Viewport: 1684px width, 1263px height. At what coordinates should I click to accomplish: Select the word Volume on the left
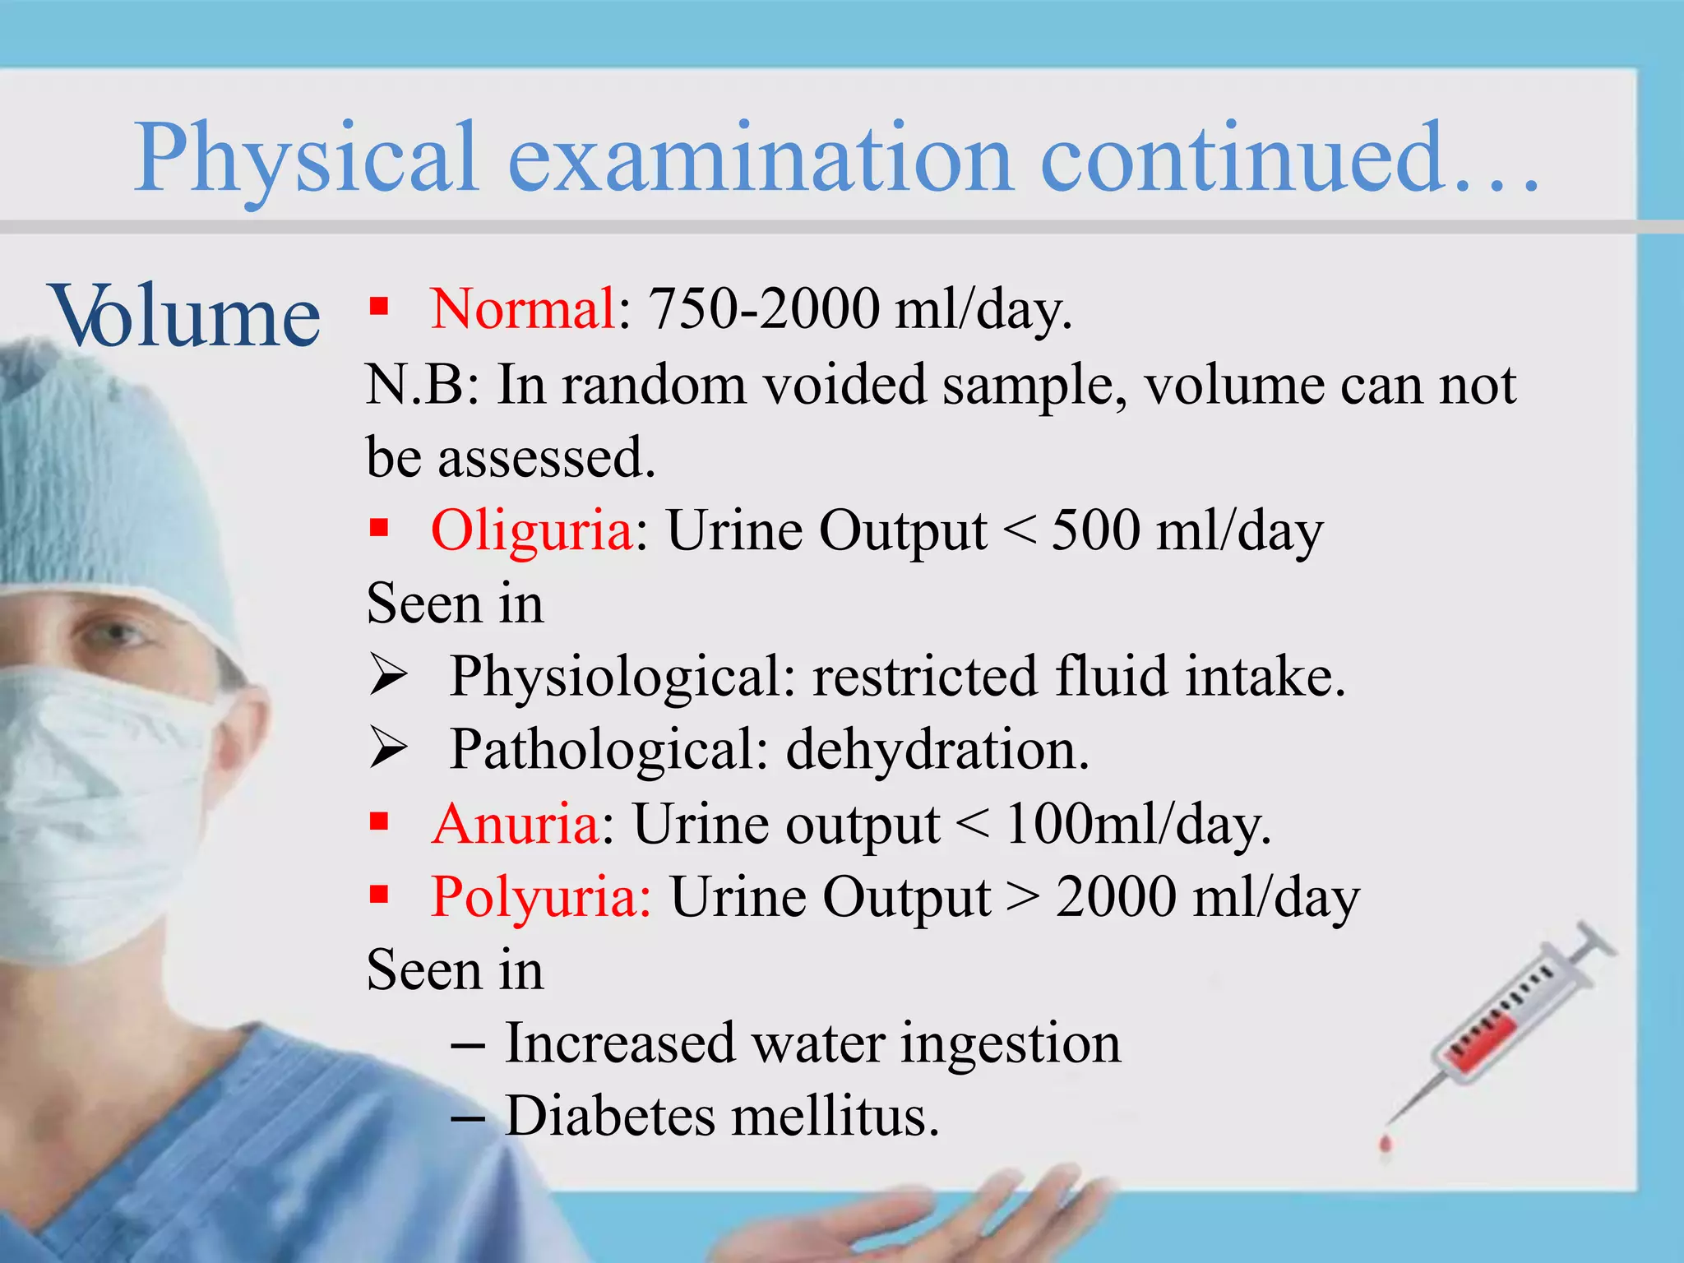[186, 316]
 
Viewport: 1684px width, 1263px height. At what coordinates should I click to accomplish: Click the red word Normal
[523, 309]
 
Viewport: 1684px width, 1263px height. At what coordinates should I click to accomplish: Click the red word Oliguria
[531, 530]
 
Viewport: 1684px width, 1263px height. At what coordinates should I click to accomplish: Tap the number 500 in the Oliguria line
[1095, 530]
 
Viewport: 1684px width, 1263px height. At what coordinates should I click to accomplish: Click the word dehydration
[937, 750]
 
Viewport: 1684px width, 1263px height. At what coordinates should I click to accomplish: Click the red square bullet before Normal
[378, 307]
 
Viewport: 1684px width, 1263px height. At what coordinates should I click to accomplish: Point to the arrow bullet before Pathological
[387, 748]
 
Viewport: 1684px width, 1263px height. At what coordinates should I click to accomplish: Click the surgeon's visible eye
[115, 633]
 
